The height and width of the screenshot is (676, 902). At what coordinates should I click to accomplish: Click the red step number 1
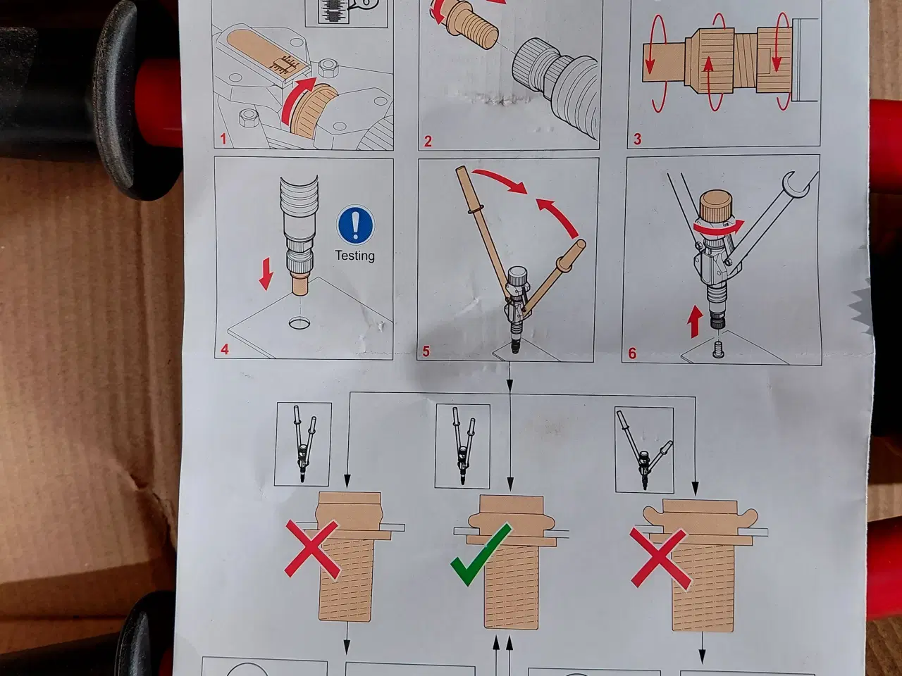tap(223, 139)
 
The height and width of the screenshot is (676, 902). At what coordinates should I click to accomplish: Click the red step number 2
tap(428, 141)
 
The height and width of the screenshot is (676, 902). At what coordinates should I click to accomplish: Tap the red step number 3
tap(637, 139)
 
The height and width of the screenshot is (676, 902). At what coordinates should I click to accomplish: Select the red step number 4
tap(225, 349)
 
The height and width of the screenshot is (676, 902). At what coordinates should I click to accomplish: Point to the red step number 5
tap(426, 351)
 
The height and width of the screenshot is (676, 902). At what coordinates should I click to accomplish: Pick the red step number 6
tap(632, 353)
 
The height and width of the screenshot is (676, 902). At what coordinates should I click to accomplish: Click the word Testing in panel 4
tap(354, 256)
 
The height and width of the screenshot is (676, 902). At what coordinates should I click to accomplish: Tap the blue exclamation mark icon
tap(354, 225)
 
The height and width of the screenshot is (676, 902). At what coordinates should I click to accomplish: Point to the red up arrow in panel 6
tap(694, 323)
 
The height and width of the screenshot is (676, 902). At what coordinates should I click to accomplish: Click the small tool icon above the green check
tap(462, 447)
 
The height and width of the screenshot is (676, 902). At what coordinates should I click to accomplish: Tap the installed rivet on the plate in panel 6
tap(717, 348)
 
